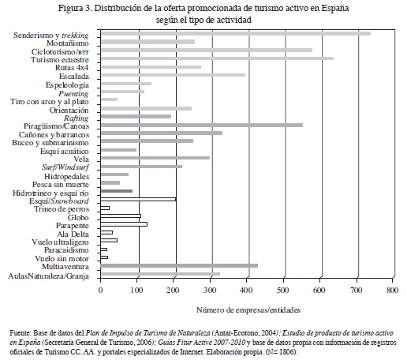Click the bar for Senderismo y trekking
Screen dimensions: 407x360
pyautogui.click(x=236, y=34)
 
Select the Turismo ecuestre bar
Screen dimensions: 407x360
pyautogui.click(x=217, y=58)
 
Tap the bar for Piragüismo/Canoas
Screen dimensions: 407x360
pyautogui.click(x=202, y=125)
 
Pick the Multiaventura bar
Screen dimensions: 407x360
pyautogui.click(x=179, y=266)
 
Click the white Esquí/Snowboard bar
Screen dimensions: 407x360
pyautogui.click(x=138, y=200)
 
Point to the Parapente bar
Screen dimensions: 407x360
pyautogui.click(x=124, y=224)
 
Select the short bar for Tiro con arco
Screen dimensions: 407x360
pyautogui.click(x=109, y=99)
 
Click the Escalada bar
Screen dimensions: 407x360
pyautogui.click(x=173, y=75)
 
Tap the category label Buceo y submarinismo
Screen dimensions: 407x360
pyautogui.click(x=50, y=143)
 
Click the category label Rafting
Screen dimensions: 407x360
pyautogui.click(x=77, y=118)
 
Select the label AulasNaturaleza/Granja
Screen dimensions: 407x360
pyautogui.click(x=49, y=276)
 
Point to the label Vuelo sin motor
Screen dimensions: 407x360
pyautogui.click(x=62, y=258)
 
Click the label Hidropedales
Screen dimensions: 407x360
pyautogui.click(x=66, y=176)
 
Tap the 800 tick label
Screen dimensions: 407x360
pyautogui.click(x=393, y=290)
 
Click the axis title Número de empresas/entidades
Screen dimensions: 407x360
pyautogui.click(x=248, y=310)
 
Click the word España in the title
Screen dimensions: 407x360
pyautogui.click(x=335, y=8)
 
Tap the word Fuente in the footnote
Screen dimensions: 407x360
pyautogui.click(x=20, y=333)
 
